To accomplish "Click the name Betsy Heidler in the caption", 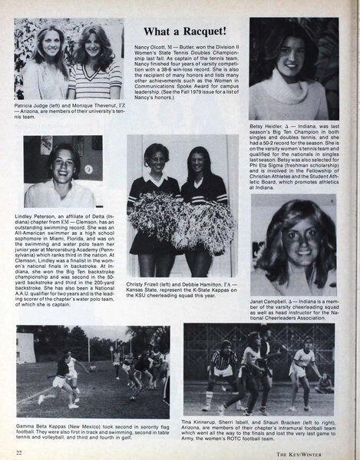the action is [267, 126].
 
